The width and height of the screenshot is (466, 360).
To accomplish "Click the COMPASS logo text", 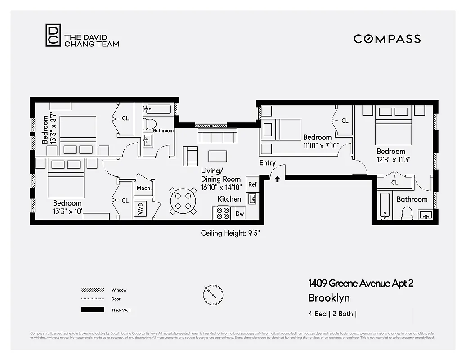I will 387,39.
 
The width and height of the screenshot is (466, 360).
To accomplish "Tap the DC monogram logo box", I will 53,35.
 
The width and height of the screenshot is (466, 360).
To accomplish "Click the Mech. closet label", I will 144,189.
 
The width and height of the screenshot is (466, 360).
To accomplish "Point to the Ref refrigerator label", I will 252,184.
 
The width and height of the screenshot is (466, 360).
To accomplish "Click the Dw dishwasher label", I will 240,214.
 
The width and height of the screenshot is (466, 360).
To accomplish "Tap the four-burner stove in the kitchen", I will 223,212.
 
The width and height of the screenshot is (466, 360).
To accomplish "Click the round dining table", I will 183,201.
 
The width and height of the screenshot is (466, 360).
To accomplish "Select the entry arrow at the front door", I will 278,179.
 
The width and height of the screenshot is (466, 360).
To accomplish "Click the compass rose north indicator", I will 213,295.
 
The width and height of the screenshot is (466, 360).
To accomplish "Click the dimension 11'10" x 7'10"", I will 321,145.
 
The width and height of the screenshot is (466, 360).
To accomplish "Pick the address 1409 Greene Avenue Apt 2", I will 360,283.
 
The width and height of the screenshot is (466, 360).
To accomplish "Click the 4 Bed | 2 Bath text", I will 333,314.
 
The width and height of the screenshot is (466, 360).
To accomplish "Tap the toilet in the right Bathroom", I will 407,213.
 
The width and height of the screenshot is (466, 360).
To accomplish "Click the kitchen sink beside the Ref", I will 252,198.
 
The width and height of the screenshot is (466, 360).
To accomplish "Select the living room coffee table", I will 218,156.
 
